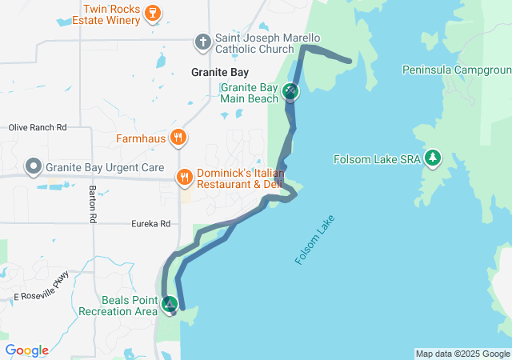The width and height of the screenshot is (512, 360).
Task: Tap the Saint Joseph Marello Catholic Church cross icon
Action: [x=204, y=41]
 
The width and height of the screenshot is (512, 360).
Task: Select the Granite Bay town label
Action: [x=220, y=72]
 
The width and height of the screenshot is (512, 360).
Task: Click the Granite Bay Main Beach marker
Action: [x=290, y=92]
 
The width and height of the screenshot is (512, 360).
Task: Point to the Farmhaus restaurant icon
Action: [x=178, y=137]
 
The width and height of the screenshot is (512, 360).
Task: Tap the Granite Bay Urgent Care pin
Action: [x=34, y=168]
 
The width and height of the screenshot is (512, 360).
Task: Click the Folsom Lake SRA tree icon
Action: [x=434, y=158]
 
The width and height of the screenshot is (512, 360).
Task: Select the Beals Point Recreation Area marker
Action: [x=170, y=305]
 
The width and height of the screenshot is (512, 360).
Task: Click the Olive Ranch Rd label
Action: [x=38, y=127]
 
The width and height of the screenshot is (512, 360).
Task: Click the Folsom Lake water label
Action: [x=316, y=239]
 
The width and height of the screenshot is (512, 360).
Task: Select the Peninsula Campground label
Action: [x=457, y=70]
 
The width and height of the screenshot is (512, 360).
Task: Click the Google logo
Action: [x=26, y=350]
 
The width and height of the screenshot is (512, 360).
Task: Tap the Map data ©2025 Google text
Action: [x=462, y=354]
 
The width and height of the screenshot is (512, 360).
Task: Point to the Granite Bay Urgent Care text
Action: [x=106, y=169]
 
